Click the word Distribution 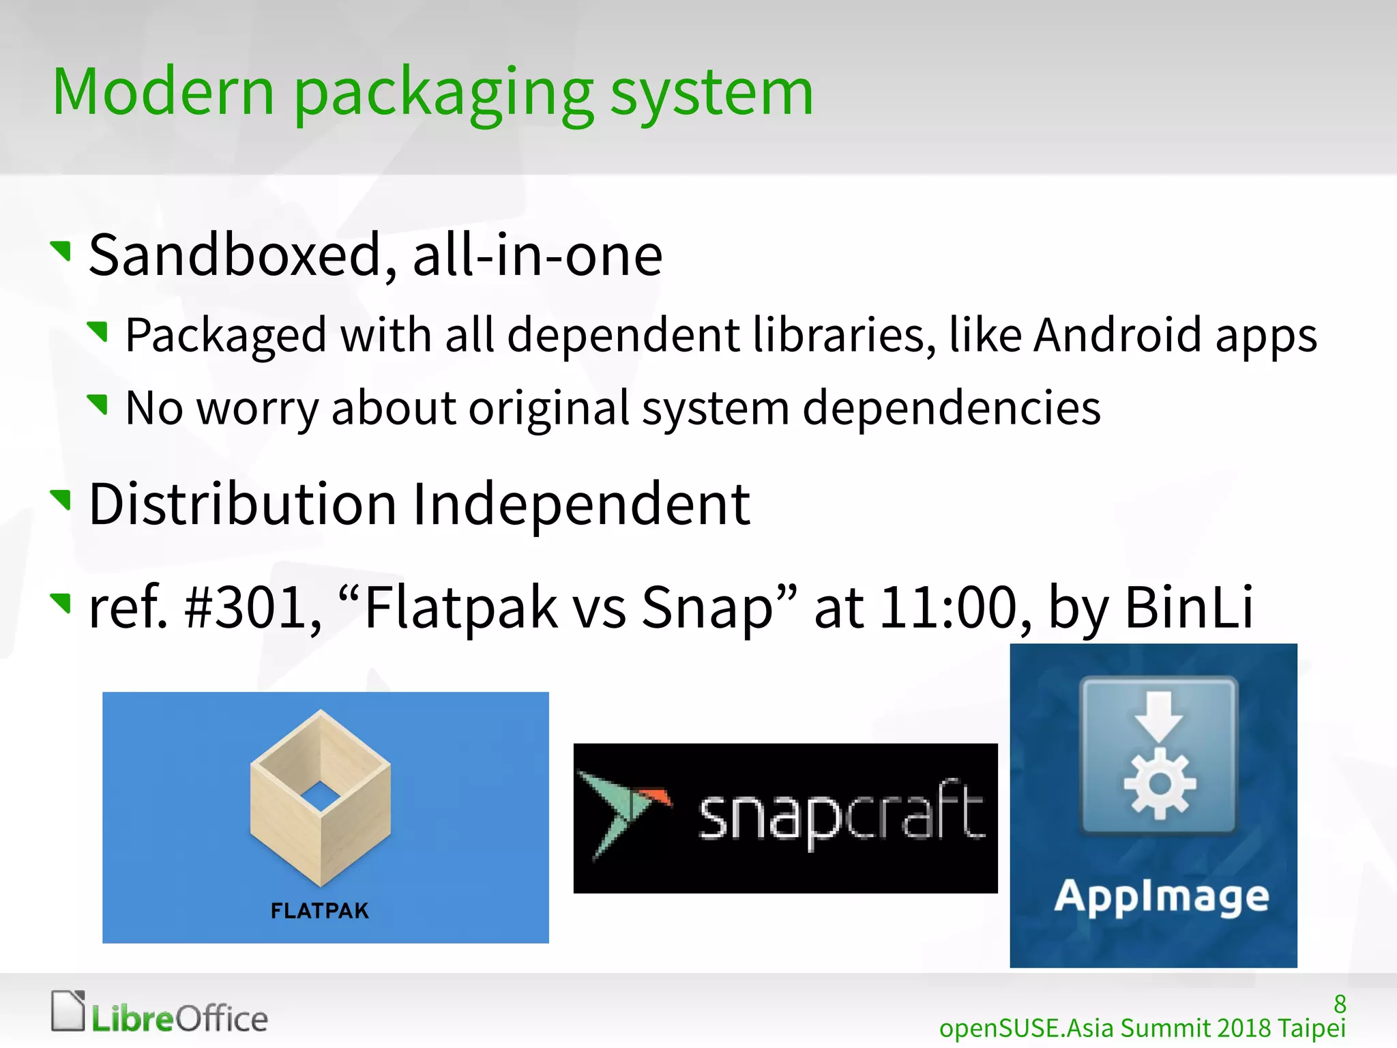[x=243, y=504]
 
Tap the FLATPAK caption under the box [x=320, y=911]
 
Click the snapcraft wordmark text [x=842, y=815]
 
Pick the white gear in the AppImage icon [x=1159, y=785]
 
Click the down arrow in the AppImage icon [x=1158, y=716]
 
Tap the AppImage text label [x=1161, y=897]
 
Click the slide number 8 [x=1340, y=1004]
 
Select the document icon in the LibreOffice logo [x=68, y=1010]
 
